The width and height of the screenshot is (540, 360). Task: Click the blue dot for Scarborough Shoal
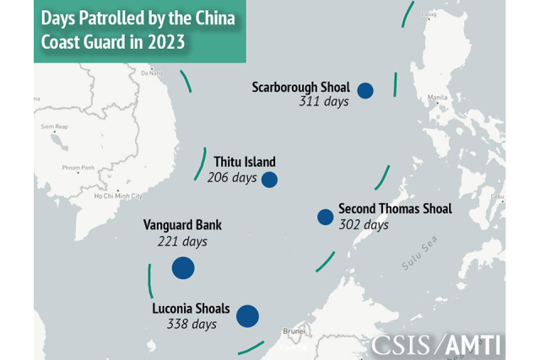pos(365,90)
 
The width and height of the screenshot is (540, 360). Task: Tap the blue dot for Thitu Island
pos(270,179)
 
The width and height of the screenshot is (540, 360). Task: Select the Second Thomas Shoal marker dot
pos(325,217)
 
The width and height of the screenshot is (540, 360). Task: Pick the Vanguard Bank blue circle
pos(183,268)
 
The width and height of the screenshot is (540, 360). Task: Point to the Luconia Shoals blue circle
pos(247,316)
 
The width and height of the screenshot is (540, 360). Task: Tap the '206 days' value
pos(231,178)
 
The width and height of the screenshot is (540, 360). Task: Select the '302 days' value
pos(364,225)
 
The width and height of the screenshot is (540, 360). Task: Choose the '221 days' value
pos(182,241)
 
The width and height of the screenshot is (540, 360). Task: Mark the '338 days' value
pos(192,324)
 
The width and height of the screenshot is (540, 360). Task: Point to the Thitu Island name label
pos(245,162)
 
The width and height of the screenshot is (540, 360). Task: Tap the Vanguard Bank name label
pos(182,225)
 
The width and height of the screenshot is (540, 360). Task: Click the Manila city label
pos(438,97)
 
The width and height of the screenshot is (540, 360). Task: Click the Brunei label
pos(294,331)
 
